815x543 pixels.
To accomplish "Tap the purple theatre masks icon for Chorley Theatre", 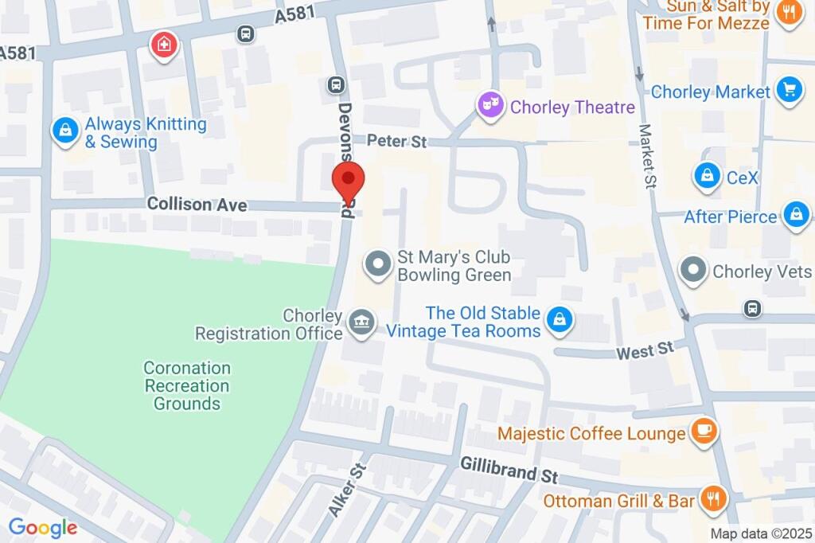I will click(x=490, y=105).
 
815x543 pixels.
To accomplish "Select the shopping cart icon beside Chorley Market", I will click(x=789, y=91).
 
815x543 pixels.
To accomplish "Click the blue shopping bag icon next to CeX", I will click(x=706, y=177).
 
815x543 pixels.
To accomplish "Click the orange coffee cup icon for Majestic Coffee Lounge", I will click(x=703, y=432).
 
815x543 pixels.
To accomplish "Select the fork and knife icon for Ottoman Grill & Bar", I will click(x=712, y=500).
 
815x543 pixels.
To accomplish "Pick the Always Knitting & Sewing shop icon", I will click(x=65, y=131).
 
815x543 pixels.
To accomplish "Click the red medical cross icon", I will click(x=165, y=44).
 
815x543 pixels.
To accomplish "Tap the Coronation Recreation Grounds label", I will click(x=187, y=386).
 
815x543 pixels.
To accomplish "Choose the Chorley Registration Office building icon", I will click(x=363, y=323).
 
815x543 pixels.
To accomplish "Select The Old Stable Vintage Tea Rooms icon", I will click(x=561, y=321).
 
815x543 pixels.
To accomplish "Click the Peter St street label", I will click(x=397, y=141).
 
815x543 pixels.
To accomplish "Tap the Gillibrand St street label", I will click(x=509, y=470).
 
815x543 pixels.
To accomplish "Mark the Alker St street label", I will click(x=346, y=489).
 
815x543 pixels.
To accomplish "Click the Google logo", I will click(x=43, y=527).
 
